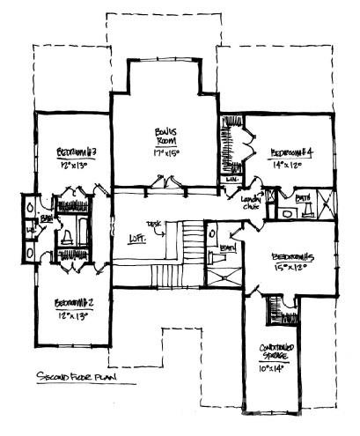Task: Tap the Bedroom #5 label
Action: point(293,256)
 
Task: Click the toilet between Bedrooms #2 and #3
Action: point(68,238)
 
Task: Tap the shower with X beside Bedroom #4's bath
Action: point(326,208)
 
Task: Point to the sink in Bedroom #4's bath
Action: point(286,211)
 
